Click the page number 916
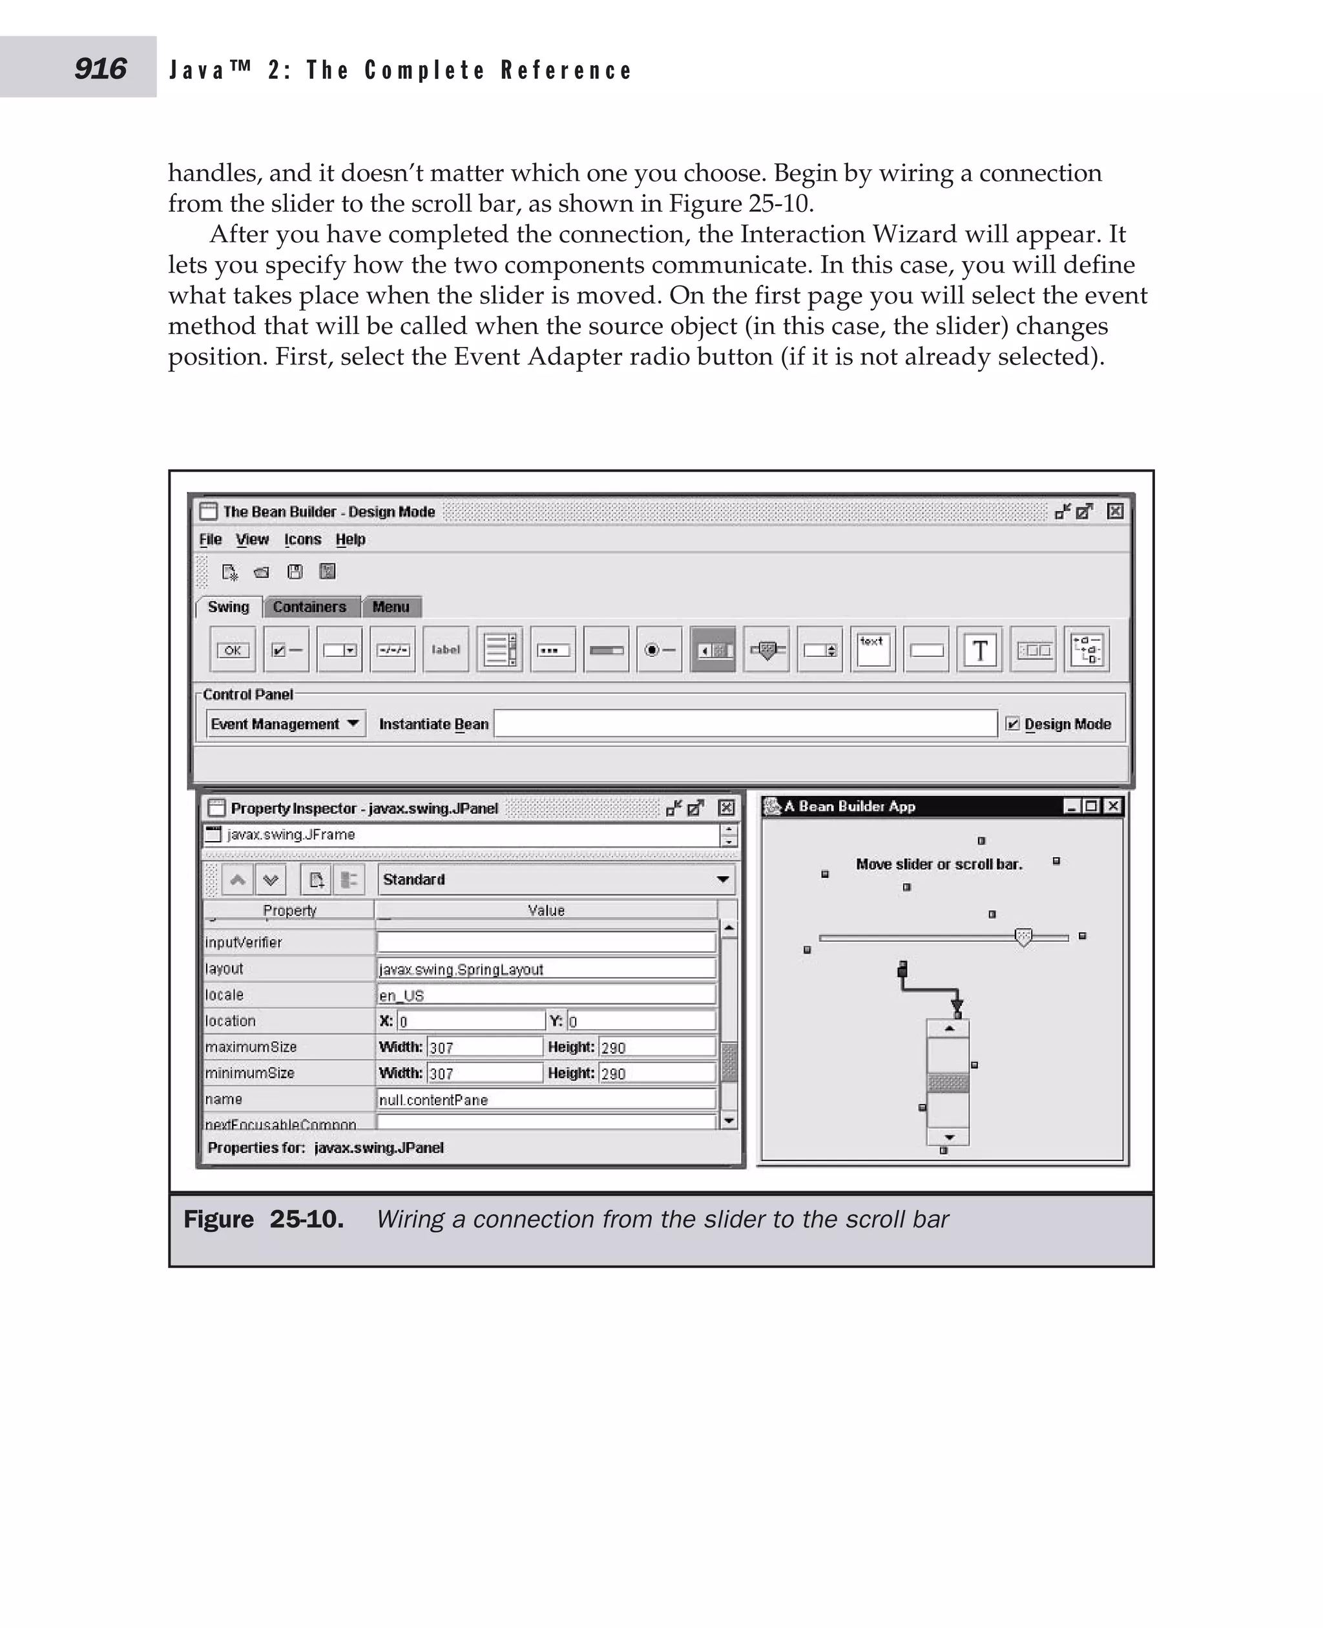click(x=100, y=68)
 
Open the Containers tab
click(x=309, y=607)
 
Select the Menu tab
click(x=391, y=607)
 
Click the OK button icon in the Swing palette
click(x=233, y=650)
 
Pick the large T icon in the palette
click(x=980, y=650)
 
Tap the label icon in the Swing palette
click(x=446, y=650)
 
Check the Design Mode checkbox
click(x=1013, y=724)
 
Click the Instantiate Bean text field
click(x=745, y=724)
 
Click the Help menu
click(x=351, y=539)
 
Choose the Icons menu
click(x=302, y=539)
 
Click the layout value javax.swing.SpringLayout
click(x=546, y=968)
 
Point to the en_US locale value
click(x=546, y=995)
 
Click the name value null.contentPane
click(x=546, y=1099)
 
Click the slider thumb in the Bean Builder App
click(x=1023, y=937)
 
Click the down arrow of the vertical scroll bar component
click(x=949, y=1137)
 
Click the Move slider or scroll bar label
click(x=939, y=864)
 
